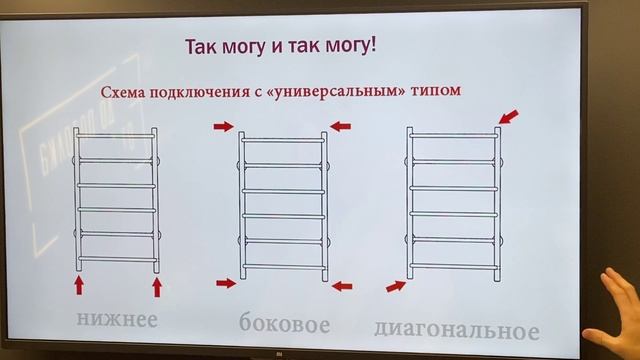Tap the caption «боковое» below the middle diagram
tap(285, 324)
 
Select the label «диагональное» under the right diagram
tap(456, 329)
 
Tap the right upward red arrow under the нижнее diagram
tap(157, 288)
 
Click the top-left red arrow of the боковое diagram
tap(222, 127)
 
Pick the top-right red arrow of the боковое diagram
tap(341, 126)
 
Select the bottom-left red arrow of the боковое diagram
tap(226, 284)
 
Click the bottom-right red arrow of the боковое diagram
tap(342, 286)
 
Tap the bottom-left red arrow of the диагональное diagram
tap(396, 287)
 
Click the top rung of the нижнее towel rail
tap(118, 134)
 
